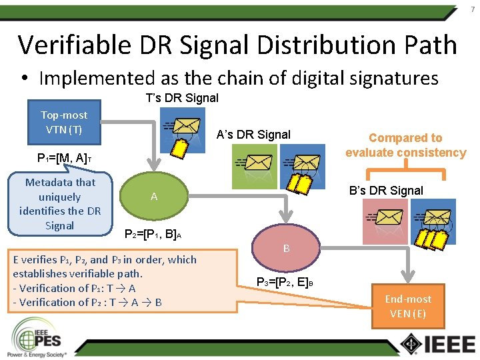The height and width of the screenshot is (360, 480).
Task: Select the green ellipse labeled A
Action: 154,197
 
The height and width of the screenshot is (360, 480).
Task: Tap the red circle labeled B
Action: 286,249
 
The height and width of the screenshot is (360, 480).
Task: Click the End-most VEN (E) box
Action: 408,307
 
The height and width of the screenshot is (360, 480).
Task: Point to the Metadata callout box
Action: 59,203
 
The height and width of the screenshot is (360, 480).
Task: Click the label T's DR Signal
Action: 182,98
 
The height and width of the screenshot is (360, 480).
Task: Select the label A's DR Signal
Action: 253,135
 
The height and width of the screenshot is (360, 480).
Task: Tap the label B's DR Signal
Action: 386,191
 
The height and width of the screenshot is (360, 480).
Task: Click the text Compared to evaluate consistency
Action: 405,145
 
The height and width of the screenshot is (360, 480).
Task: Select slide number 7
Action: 472,9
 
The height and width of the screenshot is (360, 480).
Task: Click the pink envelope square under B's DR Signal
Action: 383,221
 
